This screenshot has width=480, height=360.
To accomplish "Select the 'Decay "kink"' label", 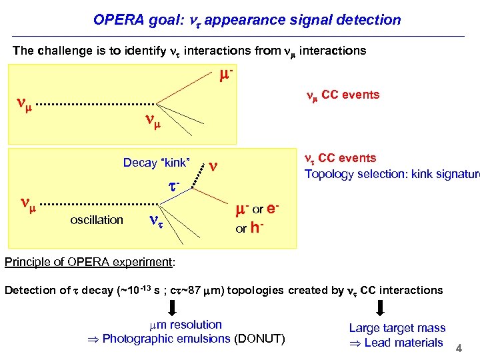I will point(157,163).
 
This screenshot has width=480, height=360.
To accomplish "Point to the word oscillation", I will point(97,219).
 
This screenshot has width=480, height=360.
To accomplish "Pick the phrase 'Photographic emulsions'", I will point(167,339).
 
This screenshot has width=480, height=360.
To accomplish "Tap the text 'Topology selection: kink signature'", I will point(391,174).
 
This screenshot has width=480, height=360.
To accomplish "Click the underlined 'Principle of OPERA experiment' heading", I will point(89,262).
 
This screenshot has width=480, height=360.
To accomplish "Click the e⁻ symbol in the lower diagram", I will point(273,210).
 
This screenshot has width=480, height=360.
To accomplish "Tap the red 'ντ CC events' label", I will point(340,159).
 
